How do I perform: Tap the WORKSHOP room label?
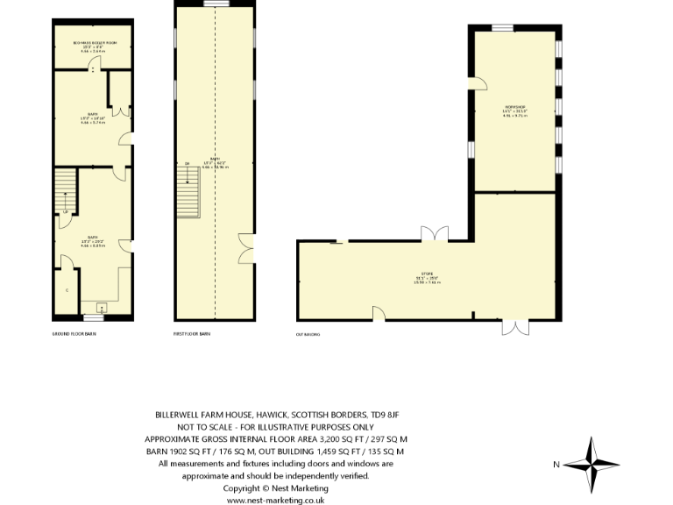514,111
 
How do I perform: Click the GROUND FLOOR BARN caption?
74,334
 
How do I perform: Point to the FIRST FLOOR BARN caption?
191,334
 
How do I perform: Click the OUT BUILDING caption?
308,334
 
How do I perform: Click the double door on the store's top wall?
434,234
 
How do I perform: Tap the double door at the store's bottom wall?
515,327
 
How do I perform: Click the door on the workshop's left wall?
478,83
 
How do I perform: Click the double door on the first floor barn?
245,247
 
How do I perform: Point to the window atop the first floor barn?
216,4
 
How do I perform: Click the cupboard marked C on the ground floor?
66,290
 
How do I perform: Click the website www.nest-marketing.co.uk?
275,500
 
